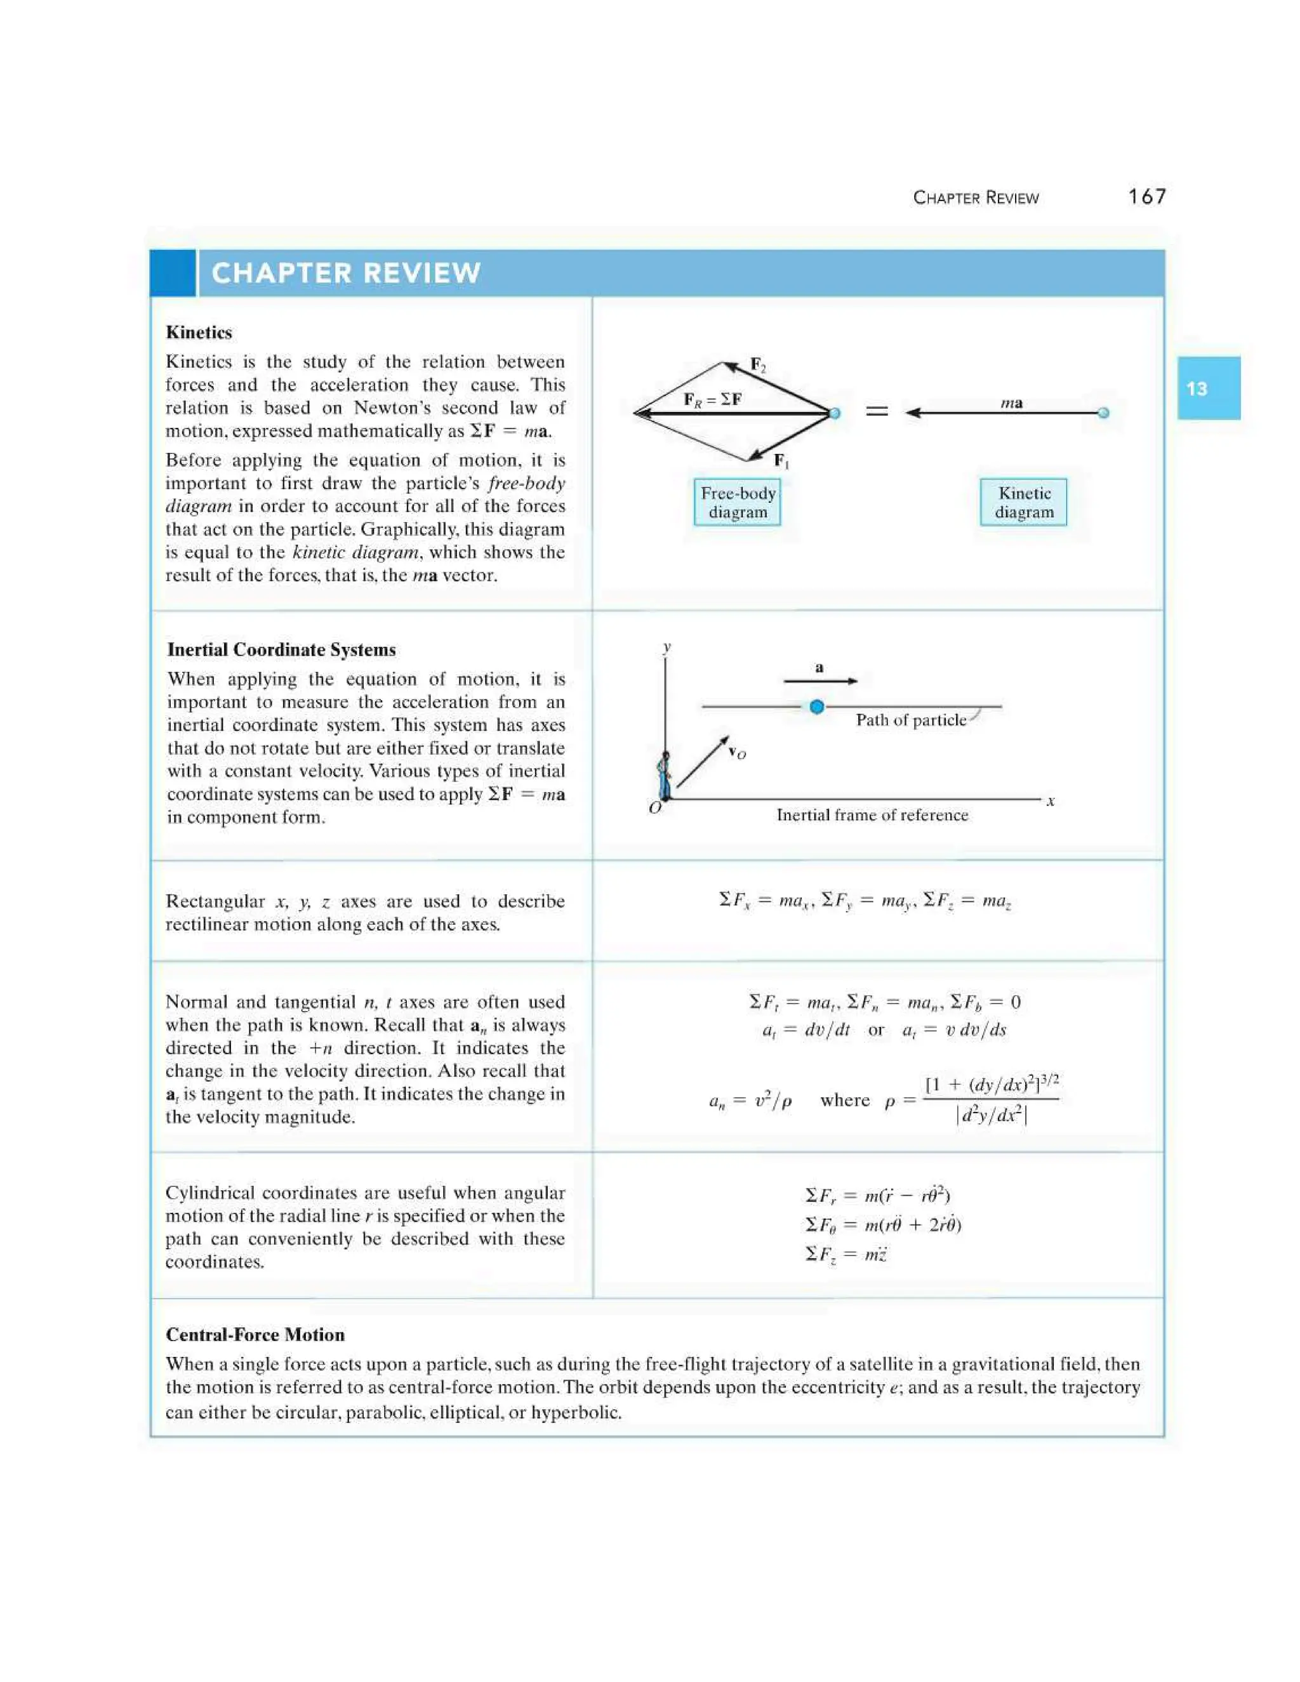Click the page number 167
coord(1147,197)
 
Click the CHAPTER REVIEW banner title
coord(346,274)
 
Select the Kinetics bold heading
coord(199,333)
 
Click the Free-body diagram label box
coord(737,502)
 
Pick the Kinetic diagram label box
coord(1023,502)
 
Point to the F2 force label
coord(758,365)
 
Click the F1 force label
coord(781,461)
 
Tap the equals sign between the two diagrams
coord(877,412)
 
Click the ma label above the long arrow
coord(1011,403)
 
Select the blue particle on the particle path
coord(817,706)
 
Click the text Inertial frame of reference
coord(872,815)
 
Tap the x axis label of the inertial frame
coord(1051,802)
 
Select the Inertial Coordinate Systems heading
coord(281,649)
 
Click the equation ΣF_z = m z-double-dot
coord(846,1255)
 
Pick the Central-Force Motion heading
coord(255,1335)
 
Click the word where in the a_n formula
coord(844,1100)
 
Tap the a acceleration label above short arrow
coord(819,667)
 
